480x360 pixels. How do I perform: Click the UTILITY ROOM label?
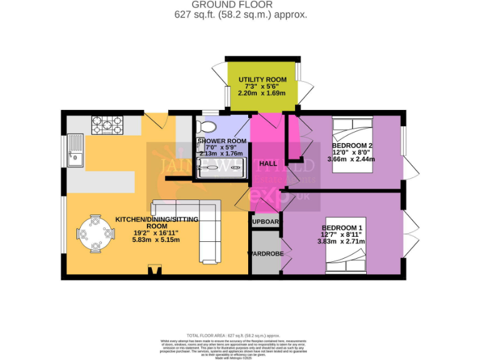[262, 79]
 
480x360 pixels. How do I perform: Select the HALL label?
[268, 163]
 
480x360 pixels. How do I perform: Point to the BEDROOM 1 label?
[342, 227]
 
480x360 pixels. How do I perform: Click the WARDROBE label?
[266, 254]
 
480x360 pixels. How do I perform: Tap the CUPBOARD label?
[266, 221]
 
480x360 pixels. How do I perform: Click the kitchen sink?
[76, 151]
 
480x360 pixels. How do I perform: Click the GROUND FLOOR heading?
[239, 4]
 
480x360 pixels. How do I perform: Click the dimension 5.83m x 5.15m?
[156, 239]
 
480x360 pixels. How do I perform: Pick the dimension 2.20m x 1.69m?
[262, 93]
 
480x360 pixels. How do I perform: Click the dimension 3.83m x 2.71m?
[342, 241]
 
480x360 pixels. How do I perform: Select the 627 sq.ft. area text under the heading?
[239, 14]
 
